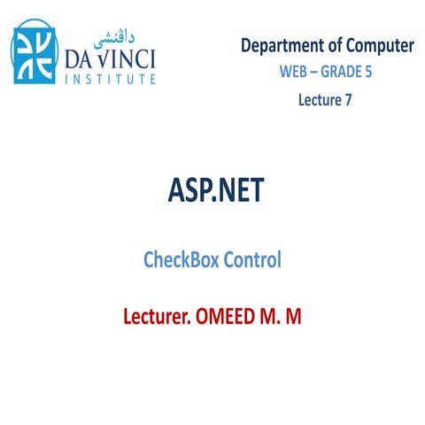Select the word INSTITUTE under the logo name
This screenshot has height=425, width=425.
click(x=111, y=79)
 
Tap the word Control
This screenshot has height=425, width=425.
click(x=251, y=260)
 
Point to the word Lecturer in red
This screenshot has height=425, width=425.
click(x=162, y=316)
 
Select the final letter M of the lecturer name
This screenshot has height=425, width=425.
click(x=294, y=316)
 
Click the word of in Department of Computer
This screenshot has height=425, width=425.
click(x=327, y=45)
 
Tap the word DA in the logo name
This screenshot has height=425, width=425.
click(x=82, y=58)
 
